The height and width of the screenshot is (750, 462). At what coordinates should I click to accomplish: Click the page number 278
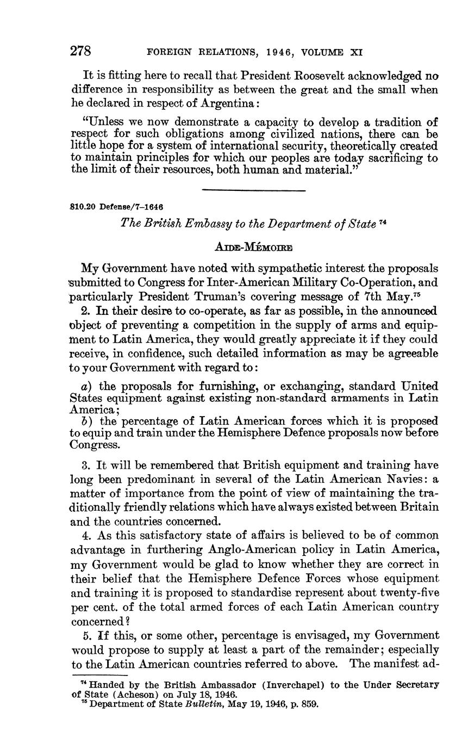80,51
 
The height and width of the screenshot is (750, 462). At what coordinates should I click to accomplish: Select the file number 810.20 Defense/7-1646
117,207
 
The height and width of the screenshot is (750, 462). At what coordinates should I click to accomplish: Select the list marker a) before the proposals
85,387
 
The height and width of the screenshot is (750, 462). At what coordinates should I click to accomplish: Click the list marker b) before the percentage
85,421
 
